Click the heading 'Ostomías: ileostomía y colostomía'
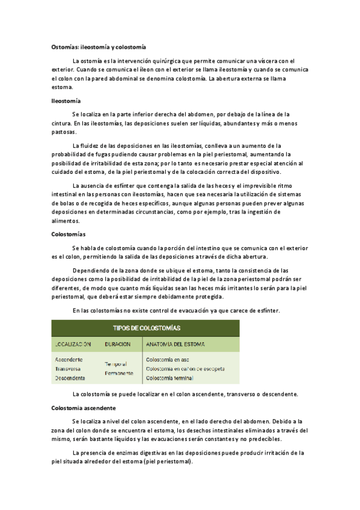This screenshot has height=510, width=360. click(x=98, y=46)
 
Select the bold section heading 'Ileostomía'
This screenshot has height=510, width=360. click(x=66, y=100)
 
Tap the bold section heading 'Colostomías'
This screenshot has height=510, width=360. click(x=69, y=234)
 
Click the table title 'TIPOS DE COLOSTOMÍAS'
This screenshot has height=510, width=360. click(x=147, y=328)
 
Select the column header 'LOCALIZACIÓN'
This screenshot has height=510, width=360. click(x=73, y=345)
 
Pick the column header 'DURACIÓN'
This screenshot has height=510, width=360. click(x=117, y=345)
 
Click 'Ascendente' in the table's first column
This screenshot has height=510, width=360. click(x=69, y=360)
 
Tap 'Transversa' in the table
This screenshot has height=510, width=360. click(x=68, y=369)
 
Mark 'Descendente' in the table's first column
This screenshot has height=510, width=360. click(x=70, y=378)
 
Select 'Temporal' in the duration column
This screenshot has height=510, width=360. click(x=116, y=364)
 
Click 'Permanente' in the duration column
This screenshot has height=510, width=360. click(x=119, y=373)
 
